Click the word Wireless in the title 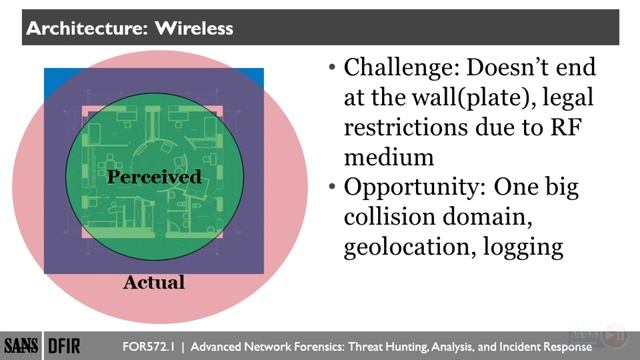click(193, 28)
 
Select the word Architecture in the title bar click(83, 28)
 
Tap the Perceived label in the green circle click(154, 177)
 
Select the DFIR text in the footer click(64, 342)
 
